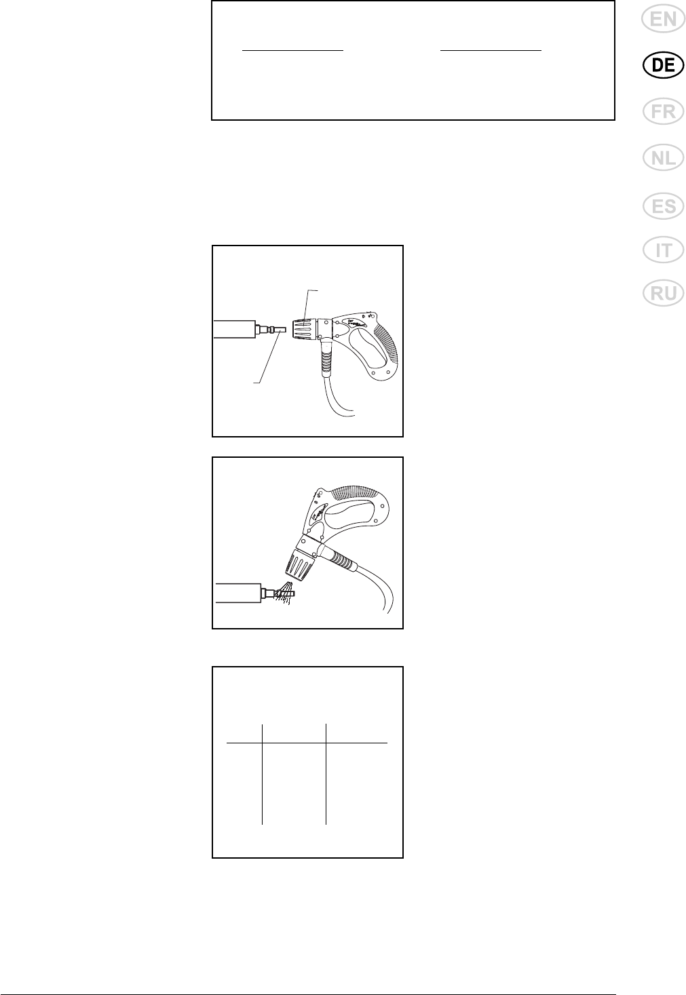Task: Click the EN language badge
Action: pos(663,20)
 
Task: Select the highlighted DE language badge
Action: pos(663,65)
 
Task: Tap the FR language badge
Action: pos(663,111)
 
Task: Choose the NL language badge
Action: pos(663,157)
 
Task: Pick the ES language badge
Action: pos(663,207)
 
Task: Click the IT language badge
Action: pos(663,250)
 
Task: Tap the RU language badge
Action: pos(663,293)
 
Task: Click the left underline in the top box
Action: pos(292,51)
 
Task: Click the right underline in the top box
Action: pos(491,51)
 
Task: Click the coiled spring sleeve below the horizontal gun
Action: pos(326,356)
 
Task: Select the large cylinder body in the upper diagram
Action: pos(233,329)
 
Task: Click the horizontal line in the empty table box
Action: pos(307,742)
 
